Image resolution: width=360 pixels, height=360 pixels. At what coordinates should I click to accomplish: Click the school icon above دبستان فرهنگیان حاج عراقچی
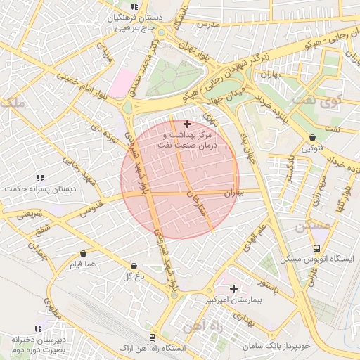pos(134,6)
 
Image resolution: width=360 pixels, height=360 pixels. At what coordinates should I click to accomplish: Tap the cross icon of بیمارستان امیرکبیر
pos(234,288)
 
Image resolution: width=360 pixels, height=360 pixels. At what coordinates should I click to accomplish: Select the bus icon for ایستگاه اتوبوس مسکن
pos(316,248)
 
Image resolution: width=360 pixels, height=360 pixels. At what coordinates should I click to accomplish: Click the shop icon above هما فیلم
pos(84,254)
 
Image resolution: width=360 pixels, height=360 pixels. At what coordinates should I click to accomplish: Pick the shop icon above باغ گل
pos(134,266)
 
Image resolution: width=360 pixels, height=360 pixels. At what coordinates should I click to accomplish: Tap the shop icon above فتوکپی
pos(312,138)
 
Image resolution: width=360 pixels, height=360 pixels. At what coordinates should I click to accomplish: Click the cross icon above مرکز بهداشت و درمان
pos(186,124)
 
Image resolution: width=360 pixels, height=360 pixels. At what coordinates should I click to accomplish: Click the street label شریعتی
pos(30,213)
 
